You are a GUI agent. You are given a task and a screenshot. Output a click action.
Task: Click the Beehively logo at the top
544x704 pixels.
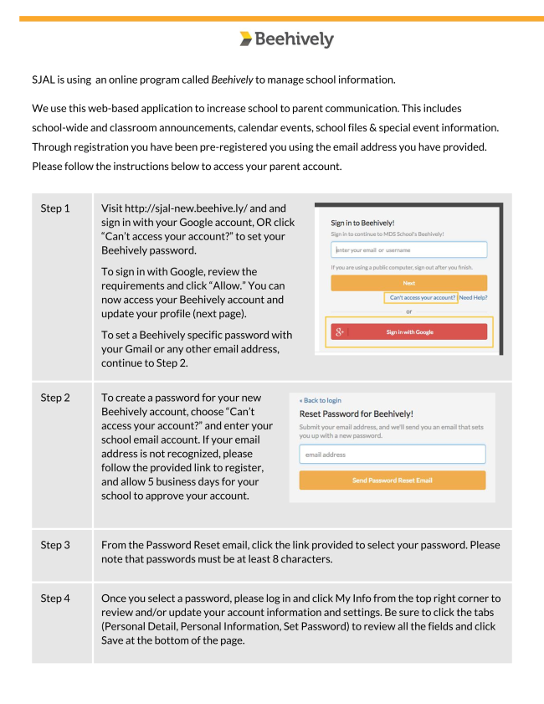click(285, 39)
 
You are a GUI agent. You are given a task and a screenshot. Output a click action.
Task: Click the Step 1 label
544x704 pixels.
click(55, 208)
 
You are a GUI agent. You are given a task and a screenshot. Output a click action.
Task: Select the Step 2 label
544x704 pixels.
click(55, 398)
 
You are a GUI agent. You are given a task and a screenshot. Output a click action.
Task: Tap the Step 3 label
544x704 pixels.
click(55, 545)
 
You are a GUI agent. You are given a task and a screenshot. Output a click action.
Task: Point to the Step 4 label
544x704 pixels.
click(55, 598)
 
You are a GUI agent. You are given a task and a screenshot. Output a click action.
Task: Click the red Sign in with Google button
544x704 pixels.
click(409, 332)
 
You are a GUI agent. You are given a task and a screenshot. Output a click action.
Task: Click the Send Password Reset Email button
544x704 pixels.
click(392, 480)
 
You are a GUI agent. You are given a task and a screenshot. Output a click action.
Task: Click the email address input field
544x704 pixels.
click(392, 455)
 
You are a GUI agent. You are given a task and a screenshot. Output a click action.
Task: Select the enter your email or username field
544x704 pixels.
click(408, 250)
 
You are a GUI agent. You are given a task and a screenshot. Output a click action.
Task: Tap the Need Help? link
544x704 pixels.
click(474, 297)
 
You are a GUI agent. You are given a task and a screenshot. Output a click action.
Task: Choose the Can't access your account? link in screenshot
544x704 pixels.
click(422, 297)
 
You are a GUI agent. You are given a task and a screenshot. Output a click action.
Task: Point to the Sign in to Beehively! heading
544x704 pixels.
click(362, 223)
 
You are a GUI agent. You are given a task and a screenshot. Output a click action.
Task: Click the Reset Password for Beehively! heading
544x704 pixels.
click(356, 414)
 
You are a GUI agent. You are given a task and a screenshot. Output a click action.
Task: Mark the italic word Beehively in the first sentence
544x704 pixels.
click(232, 80)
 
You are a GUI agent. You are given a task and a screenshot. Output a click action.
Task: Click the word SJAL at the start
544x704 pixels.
click(45, 80)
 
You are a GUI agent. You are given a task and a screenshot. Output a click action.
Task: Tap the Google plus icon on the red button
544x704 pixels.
click(340, 332)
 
